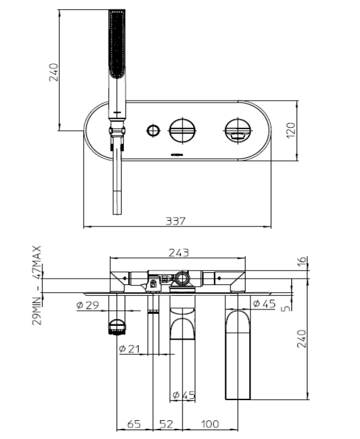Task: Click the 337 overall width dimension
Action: [x=176, y=221]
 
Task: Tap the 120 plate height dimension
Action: [x=291, y=130]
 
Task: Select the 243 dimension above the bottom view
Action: [x=179, y=253]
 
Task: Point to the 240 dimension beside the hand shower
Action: [x=53, y=72]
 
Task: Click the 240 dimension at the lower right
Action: [x=301, y=339]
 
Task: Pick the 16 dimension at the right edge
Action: [x=301, y=261]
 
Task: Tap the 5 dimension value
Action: [x=286, y=308]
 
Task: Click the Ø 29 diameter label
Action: [x=87, y=305]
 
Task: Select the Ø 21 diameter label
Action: [x=129, y=349]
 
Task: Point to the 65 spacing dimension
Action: [x=134, y=424]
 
